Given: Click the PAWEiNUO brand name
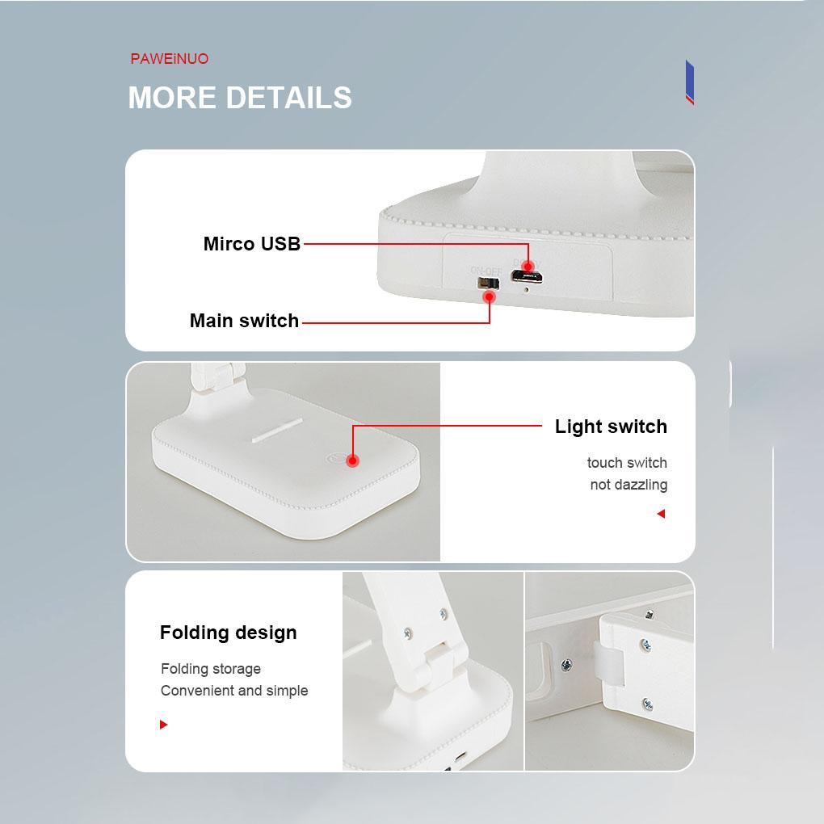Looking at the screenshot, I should (x=170, y=59).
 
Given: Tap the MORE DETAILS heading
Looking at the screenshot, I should (x=240, y=98).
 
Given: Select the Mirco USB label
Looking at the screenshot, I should (x=251, y=244).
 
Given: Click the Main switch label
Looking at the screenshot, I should (x=244, y=321).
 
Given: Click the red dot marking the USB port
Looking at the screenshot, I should (x=528, y=267).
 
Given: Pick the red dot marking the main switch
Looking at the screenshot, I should (x=489, y=297).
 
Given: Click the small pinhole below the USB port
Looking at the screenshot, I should (x=528, y=288).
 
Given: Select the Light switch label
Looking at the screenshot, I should (x=611, y=427).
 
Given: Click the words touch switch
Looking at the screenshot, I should (x=627, y=463).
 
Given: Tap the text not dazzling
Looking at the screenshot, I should (x=629, y=485).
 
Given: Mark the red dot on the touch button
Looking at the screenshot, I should (x=352, y=460).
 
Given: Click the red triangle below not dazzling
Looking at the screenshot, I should (x=661, y=514).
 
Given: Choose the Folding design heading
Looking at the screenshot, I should (x=229, y=633).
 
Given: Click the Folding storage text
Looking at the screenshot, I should (x=211, y=669).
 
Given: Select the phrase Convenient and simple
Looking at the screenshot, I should (x=234, y=691).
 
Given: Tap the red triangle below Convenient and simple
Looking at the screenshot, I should (x=164, y=725).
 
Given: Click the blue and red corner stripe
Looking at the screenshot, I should (x=689, y=82).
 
